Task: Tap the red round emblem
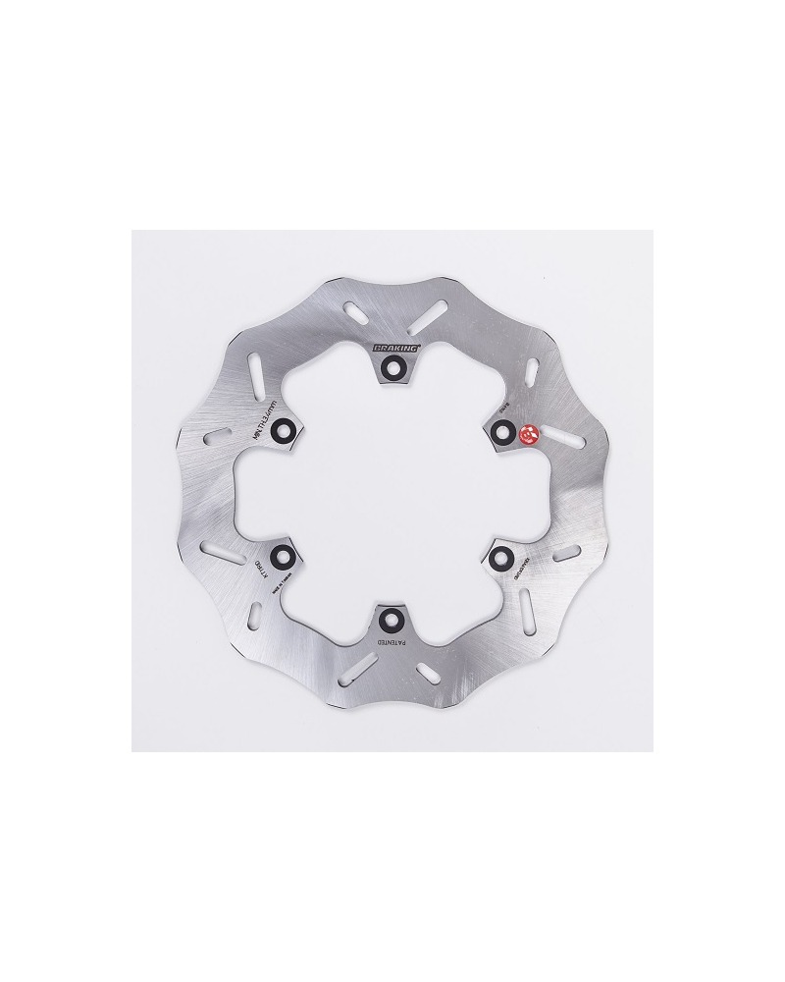[527, 433]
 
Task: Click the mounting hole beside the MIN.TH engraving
[283, 429]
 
